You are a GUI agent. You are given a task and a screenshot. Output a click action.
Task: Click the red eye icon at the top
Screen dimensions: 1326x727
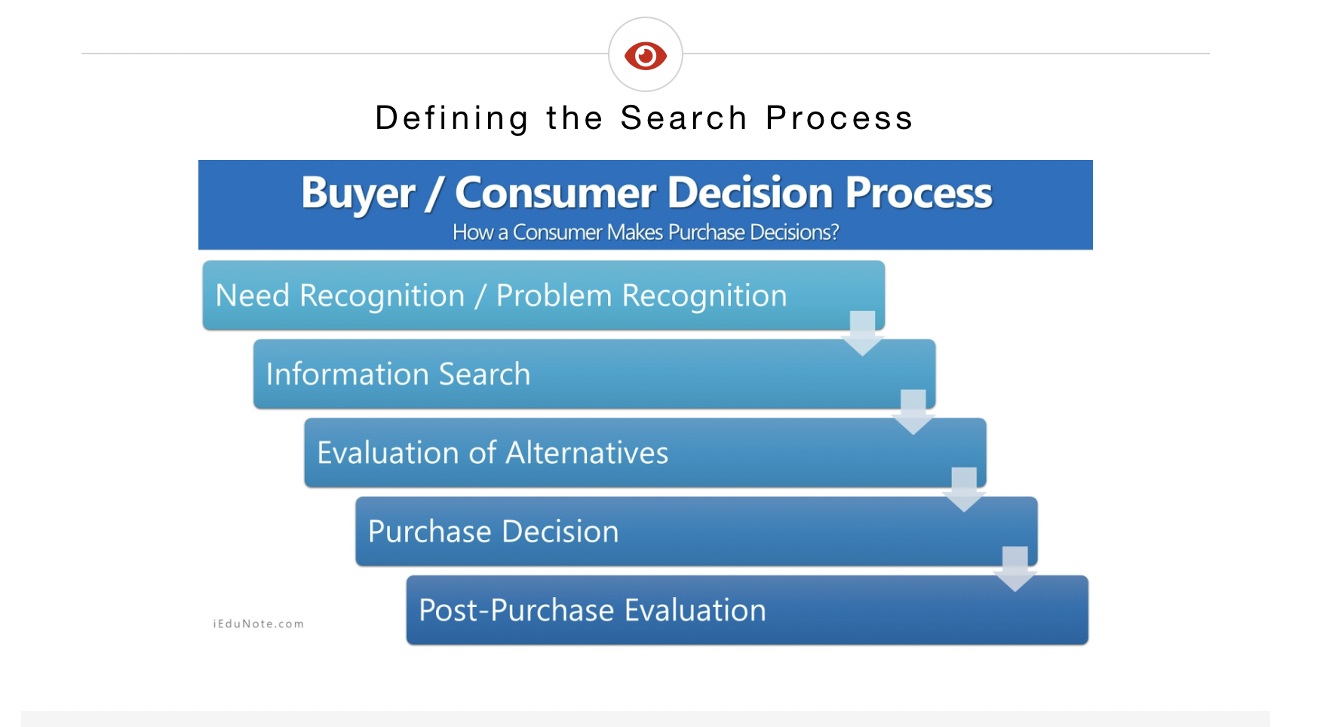[x=646, y=55]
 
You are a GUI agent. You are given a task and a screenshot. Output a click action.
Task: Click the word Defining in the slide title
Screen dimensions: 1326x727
[x=453, y=119]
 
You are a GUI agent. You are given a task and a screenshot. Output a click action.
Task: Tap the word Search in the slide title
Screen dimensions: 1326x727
[x=683, y=118]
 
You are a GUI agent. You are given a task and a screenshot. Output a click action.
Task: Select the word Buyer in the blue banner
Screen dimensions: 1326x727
[x=358, y=194]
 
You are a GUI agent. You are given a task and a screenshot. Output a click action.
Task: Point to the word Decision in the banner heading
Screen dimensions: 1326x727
[x=750, y=192]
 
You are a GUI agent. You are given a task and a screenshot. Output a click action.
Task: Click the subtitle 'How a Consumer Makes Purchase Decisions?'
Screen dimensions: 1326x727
[x=646, y=232]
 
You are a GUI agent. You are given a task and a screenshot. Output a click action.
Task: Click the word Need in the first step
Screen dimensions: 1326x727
[x=253, y=296]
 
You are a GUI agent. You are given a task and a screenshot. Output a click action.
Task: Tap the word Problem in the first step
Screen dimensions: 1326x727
[x=554, y=296]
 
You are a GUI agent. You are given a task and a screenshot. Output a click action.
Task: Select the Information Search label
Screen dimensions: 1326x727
[x=398, y=374]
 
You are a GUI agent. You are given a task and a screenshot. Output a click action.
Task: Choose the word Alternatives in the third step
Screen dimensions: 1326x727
[x=587, y=452]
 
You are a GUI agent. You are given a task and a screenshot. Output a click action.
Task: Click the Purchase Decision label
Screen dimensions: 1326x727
[x=493, y=532]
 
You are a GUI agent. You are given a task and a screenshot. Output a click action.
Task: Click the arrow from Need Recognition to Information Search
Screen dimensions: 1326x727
[x=863, y=333]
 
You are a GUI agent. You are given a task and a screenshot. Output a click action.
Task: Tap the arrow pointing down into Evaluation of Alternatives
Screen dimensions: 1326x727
[x=913, y=412]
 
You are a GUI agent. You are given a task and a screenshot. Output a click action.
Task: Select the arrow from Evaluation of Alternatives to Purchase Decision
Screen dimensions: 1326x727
[x=964, y=489]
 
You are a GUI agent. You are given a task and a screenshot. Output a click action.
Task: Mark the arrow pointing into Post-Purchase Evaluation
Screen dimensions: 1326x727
[x=1015, y=569]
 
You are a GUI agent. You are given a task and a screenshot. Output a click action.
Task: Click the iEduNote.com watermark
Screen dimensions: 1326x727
[x=259, y=624]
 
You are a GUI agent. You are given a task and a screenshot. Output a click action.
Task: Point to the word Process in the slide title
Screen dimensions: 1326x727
[x=839, y=118]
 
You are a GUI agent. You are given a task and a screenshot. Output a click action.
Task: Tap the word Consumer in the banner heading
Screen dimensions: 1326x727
[x=555, y=192]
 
